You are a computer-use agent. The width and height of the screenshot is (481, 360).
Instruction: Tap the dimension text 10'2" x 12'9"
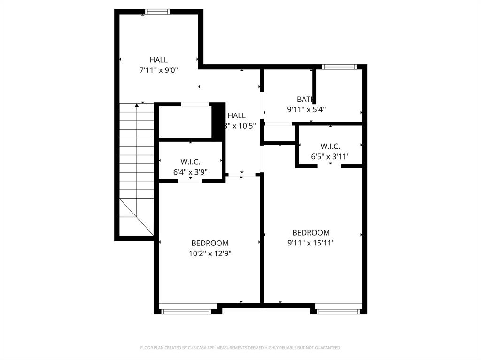point(210,253)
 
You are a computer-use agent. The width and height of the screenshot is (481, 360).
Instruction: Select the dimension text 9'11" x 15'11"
point(311,243)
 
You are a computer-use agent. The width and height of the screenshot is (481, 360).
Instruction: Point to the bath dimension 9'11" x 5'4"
point(306,109)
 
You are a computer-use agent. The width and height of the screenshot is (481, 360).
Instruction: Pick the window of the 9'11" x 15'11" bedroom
point(338,311)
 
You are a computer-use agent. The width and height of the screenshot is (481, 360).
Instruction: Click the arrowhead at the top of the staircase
point(137,105)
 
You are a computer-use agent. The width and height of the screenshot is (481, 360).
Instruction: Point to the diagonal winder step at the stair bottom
point(136,217)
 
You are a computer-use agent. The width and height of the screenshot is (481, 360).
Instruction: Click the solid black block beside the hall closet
point(217,121)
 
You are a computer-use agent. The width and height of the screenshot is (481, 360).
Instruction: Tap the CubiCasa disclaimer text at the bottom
point(240,348)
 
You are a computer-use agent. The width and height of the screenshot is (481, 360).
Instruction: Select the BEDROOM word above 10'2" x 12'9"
point(210,243)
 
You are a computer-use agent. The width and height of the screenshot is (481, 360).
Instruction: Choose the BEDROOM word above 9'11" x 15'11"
point(311,232)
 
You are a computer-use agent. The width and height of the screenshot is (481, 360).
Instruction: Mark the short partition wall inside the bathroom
point(314,86)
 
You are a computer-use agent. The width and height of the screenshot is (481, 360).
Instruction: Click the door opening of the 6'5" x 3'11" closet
point(330,166)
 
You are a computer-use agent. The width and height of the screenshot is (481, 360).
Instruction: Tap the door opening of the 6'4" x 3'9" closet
point(190,181)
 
